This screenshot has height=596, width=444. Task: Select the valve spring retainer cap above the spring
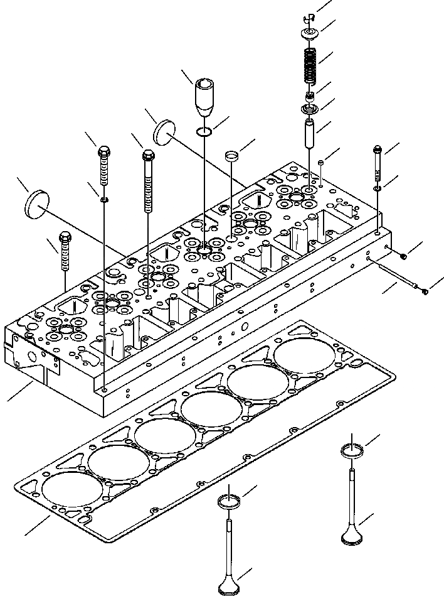309,31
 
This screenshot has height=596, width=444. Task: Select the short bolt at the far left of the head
65,251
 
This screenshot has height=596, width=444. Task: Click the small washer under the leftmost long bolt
103,200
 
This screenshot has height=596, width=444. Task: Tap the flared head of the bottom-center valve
228,588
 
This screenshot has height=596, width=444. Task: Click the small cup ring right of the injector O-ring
233,154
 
